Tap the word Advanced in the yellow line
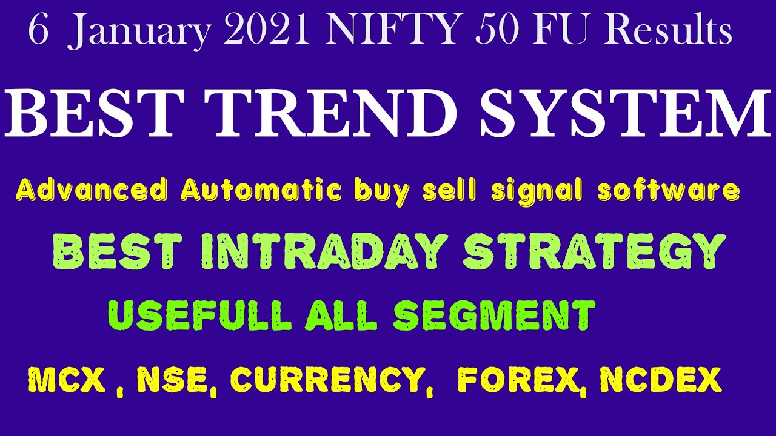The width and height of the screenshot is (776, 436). (92, 191)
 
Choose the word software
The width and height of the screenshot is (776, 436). (669, 191)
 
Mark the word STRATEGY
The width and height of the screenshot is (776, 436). (594, 252)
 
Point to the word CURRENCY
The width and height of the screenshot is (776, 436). (327, 380)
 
